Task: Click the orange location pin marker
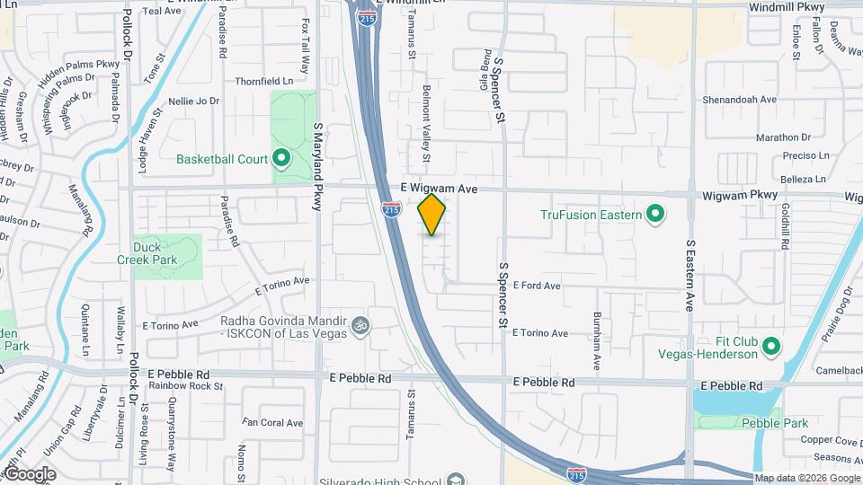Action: (x=432, y=215)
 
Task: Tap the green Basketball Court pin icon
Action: (x=281, y=160)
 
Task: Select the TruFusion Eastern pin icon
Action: (x=655, y=215)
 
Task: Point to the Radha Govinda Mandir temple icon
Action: (x=360, y=323)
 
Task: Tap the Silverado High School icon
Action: (x=456, y=479)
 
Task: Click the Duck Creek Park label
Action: (x=147, y=253)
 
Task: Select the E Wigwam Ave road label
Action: (x=439, y=190)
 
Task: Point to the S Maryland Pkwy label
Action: (x=316, y=167)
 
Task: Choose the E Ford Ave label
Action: (x=537, y=286)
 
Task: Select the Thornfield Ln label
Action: (x=264, y=81)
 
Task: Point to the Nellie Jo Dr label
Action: (x=193, y=101)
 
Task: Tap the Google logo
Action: (x=30, y=474)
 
